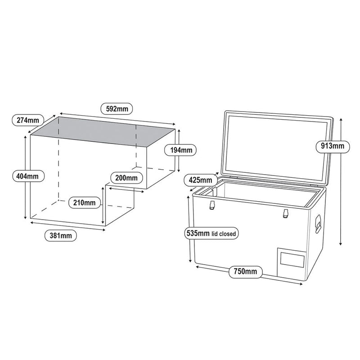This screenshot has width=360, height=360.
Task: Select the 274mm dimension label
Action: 27,120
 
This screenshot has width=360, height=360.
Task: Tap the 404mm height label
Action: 27,176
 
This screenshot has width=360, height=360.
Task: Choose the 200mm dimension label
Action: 126,177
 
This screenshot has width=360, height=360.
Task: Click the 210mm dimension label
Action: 84,202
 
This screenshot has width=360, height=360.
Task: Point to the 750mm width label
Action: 245,271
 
